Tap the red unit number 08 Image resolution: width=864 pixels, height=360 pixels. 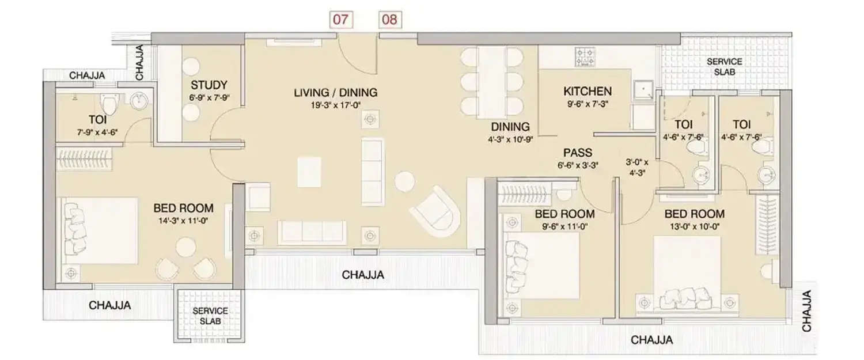389,20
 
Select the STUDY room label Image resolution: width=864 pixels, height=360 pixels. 209,85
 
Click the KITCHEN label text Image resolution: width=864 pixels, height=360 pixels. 587,92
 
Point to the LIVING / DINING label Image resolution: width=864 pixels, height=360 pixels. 335,92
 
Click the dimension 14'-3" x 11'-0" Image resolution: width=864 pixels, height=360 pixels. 183,220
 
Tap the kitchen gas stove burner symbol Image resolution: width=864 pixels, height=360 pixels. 585,56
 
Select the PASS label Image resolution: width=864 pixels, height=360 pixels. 577,153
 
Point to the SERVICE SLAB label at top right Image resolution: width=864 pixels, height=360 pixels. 724,67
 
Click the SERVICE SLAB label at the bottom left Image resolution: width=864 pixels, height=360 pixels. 210,316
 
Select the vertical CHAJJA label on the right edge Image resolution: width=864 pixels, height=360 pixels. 808,311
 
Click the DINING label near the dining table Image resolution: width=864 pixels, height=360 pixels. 510,127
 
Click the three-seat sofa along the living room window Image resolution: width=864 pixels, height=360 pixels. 312,231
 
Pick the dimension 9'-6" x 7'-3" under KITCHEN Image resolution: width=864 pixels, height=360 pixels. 587,105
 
